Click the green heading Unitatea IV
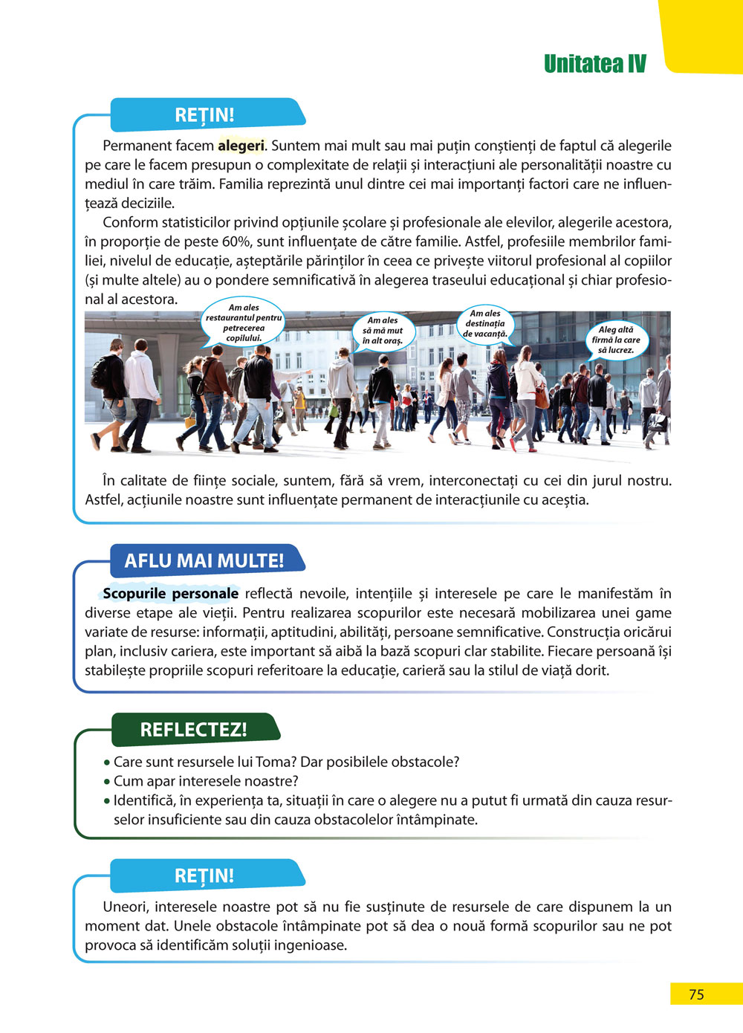pos(594,64)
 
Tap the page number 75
pos(696,994)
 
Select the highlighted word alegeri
pos(241,146)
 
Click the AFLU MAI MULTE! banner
pos(204,560)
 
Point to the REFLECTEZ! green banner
pos(193,729)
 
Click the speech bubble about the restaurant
pos(244,323)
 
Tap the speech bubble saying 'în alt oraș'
pos(383,331)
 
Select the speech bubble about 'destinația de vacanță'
pos(485,324)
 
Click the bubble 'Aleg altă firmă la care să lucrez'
pos(616,340)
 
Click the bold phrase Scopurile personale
pos(170,594)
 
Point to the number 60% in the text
pos(236,242)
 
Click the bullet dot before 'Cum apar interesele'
pos(107,782)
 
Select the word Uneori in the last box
pos(126,907)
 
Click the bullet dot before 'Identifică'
pos(107,801)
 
